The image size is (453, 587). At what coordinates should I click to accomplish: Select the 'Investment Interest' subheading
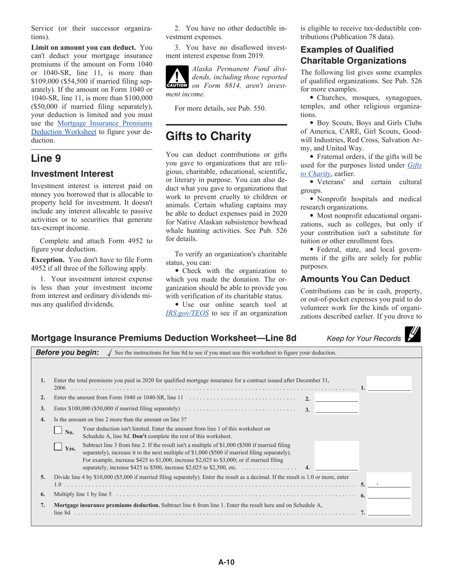pos(72,174)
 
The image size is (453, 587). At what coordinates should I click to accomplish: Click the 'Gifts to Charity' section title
pos(208,136)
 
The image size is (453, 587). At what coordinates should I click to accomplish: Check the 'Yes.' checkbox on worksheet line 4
pos(58,447)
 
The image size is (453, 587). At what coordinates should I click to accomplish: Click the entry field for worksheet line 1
pos(389,387)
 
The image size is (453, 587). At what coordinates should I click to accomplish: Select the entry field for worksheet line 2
pos(337,398)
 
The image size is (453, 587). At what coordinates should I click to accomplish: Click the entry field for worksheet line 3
pos(337,409)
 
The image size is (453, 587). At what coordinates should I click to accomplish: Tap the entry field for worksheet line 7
pos(389,512)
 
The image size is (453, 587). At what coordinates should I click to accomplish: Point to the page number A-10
pos(226,562)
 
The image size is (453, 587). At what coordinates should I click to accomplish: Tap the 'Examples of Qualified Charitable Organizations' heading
pos(353,55)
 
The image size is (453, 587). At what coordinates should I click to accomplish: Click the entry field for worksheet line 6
pos(389,494)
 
